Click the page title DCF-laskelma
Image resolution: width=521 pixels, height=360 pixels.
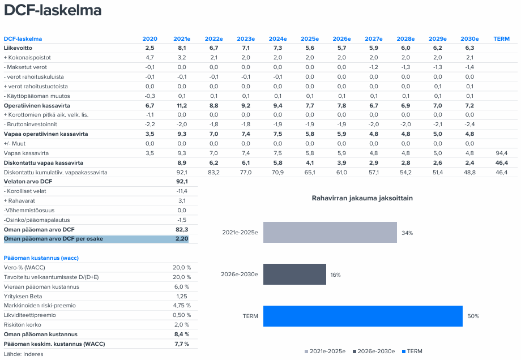[x=53, y=11]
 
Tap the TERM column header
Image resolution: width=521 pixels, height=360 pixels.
[x=501, y=39]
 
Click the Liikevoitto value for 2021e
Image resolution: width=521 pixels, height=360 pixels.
[x=182, y=48]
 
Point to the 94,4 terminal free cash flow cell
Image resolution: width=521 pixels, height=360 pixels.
[x=501, y=153]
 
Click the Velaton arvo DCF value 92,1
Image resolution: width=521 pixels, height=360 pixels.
[x=182, y=182]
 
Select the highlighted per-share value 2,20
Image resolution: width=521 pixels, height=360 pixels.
[x=182, y=239]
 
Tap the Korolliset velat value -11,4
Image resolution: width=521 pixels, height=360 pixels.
[x=182, y=191]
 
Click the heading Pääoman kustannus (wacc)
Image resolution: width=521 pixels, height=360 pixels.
[x=41, y=258]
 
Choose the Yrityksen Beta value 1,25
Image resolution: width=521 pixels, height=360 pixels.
[x=182, y=296]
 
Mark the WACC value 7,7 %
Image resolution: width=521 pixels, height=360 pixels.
[x=181, y=344]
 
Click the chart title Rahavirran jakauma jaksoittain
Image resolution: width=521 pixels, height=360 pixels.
[x=362, y=198]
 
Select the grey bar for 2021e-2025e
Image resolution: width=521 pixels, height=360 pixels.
[x=330, y=232]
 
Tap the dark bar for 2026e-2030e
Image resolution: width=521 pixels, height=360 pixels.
[x=294, y=274]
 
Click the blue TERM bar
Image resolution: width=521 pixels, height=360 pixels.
[x=362, y=316]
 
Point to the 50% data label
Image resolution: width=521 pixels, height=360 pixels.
[x=473, y=316]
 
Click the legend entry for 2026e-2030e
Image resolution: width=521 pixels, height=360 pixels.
[x=373, y=352]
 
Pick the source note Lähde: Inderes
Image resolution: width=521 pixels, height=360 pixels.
[x=23, y=354]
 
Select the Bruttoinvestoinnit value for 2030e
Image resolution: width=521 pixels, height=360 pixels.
[x=469, y=125]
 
